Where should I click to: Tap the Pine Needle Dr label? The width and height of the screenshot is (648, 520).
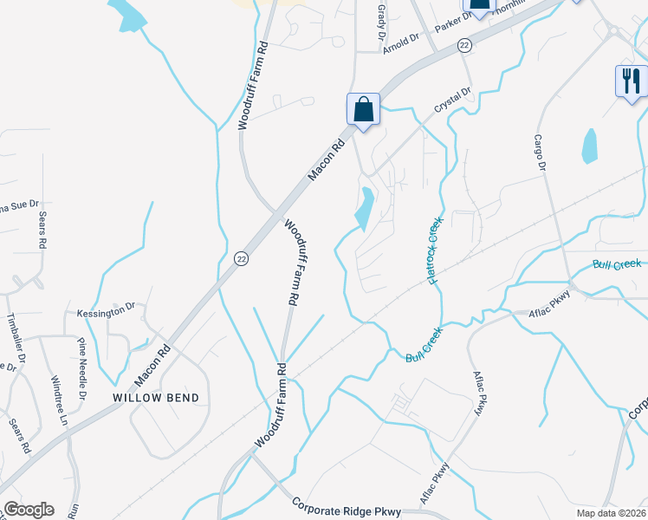pos(83,367)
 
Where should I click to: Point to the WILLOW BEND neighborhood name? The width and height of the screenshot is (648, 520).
pos(156,398)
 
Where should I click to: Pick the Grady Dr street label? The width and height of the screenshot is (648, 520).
pos(381,13)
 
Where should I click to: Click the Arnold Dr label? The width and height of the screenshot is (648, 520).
pos(401,40)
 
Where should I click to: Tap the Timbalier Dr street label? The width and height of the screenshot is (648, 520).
pos(12,334)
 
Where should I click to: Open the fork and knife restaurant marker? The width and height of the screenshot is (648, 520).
pos(631,81)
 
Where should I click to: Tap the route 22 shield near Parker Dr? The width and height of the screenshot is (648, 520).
pos(465,44)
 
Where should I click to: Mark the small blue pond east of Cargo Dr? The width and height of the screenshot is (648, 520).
pos(590,146)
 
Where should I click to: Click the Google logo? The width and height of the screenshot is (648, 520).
pos(29,510)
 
